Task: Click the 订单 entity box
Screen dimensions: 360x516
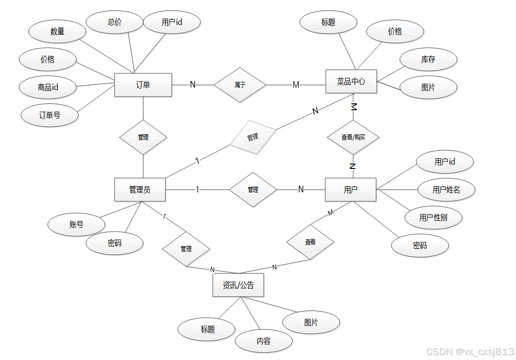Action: (143, 85)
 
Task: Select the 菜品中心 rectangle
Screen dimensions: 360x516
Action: (351, 81)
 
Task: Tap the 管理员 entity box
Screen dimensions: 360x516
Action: (140, 190)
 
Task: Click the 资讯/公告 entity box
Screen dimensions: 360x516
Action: (238, 285)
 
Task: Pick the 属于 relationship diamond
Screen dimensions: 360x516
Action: (240, 85)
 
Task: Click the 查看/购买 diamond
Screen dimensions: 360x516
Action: (353, 137)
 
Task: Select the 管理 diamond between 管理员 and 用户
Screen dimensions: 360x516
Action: (253, 189)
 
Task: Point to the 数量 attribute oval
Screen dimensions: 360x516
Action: (57, 31)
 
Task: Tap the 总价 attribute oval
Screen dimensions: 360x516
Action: (115, 22)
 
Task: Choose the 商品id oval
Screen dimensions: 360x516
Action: (48, 88)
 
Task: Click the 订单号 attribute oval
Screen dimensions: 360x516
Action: (50, 115)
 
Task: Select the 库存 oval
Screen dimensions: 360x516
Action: (428, 59)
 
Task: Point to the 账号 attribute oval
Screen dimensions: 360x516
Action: (76, 224)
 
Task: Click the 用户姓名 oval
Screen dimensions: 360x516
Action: (446, 190)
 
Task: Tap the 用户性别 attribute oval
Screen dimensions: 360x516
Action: (433, 217)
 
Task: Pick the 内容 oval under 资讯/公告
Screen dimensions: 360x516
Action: (264, 341)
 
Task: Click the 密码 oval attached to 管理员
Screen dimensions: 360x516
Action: (115, 243)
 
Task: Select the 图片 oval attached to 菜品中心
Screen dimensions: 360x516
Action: (428, 87)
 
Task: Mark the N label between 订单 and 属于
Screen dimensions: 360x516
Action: (193, 85)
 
